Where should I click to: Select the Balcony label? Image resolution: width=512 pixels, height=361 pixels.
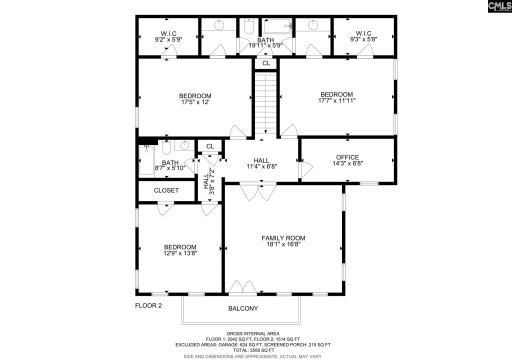click(243, 308)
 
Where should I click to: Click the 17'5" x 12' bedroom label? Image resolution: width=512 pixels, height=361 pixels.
click(195, 98)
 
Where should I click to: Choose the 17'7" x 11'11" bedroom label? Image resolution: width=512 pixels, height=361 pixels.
click(336, 98)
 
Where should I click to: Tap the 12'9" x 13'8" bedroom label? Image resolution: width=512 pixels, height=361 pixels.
click(180, 250)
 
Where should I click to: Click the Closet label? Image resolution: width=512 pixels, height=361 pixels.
click(166, 190)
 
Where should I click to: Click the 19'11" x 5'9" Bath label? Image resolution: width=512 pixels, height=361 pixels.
click(265, 43)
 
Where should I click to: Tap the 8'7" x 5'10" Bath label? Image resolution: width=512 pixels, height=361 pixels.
click(170, 166)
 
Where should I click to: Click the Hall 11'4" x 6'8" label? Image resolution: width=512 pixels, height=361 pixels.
click(261, 162)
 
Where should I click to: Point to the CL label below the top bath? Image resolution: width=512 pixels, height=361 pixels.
click(265, 63)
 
